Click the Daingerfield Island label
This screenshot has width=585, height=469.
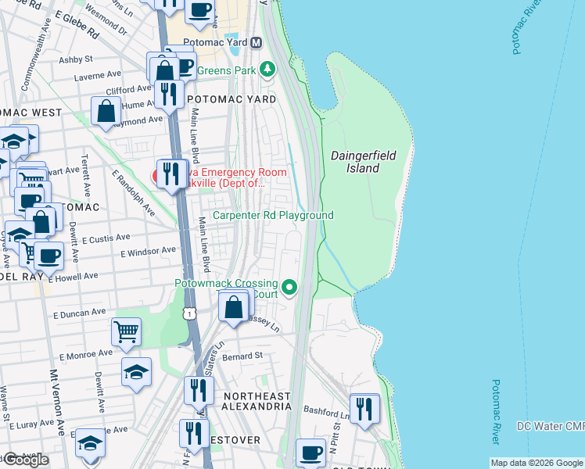[355, 162]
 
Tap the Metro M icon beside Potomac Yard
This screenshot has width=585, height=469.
[256, 42]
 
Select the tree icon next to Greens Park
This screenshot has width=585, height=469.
[268, 70]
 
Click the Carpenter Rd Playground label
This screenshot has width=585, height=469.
[273, 216]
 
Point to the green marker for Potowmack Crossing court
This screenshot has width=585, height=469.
[290, 288]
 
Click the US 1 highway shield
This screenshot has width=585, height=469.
[188, 313]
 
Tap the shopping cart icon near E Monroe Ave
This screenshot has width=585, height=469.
[126, 332]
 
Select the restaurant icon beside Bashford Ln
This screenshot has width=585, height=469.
[364, 409]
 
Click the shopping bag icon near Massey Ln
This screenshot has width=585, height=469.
[233, 306]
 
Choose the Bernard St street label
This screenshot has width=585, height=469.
[242, 356]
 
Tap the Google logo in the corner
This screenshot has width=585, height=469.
[26, 460]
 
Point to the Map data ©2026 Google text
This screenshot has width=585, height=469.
[536, 463]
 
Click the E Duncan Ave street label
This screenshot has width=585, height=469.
[78, 313]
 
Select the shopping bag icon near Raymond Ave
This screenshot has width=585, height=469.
[106, 112]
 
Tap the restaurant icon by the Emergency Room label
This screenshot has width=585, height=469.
[171, 173]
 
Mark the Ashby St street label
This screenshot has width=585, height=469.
[76, 59]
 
